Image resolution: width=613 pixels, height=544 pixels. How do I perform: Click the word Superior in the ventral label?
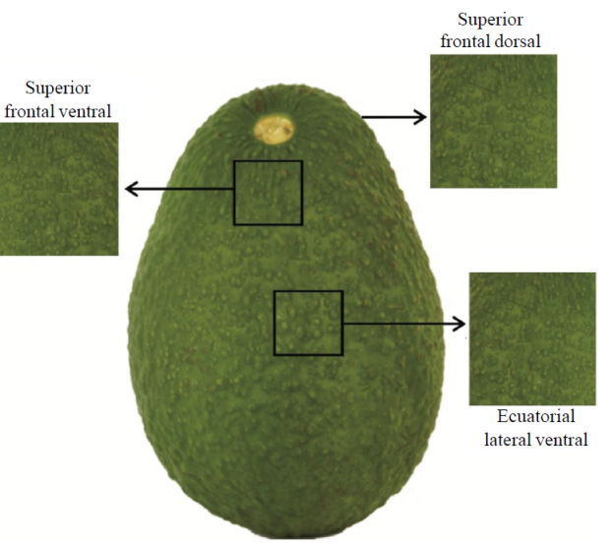click(x=59, y=88)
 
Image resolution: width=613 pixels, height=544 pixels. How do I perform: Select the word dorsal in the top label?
click(x=521, y=41)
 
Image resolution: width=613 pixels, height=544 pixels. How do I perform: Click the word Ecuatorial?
click(x=534, y=416)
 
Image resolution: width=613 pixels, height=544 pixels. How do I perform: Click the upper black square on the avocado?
click(x=268, y=192)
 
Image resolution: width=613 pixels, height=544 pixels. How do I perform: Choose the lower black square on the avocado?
click(x=308, y=323)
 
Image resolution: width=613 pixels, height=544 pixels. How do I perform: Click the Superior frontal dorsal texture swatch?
click(x=493, y=120)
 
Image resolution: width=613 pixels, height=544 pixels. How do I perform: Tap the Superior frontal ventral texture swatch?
click(x=59, y=189)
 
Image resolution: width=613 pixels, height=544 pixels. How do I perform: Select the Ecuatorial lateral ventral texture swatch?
click(x=532, y=338)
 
